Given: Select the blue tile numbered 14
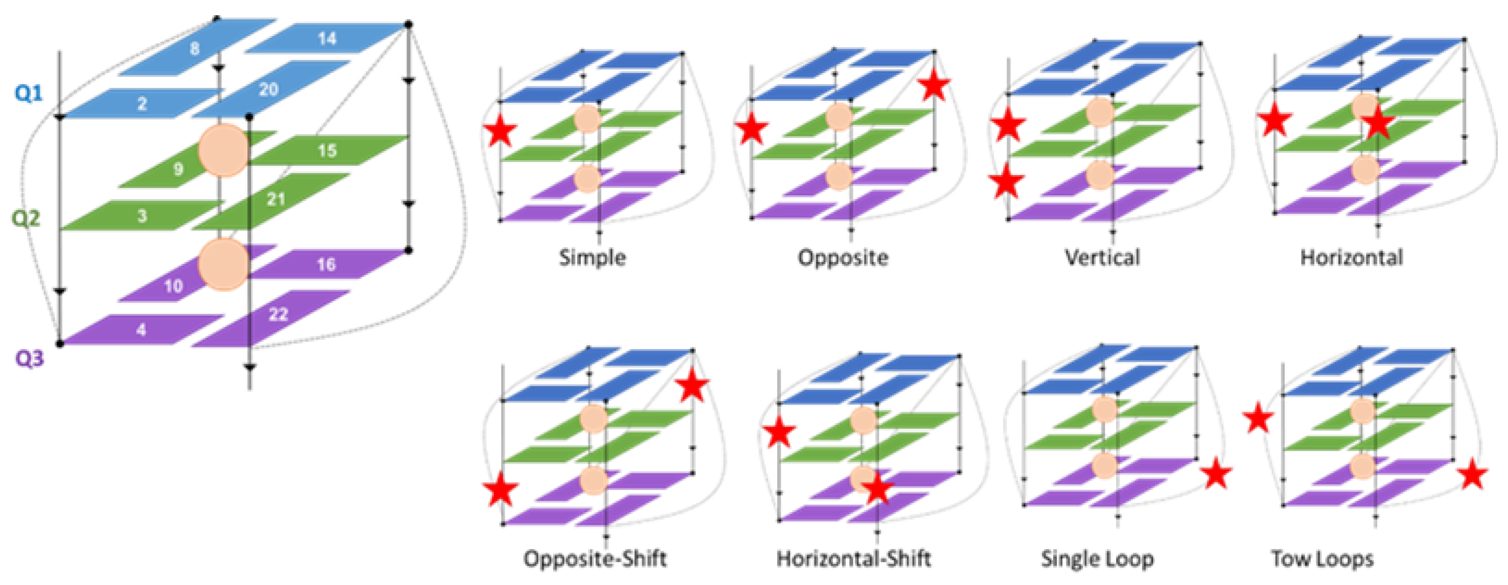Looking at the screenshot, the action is pyautogui.click(x=327, y=38).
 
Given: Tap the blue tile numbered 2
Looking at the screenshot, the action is pyautogui.click(x=142, y=104).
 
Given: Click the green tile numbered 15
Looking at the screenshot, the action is pyautogui.click(x=327, y=150).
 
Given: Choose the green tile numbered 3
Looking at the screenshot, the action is pyautogui.click(x=142, y=215).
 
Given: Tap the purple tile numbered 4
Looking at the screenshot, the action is pyautogui.click(x=142, y=330).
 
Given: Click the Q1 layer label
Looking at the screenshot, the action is pyautogui.click(x=29, y=93).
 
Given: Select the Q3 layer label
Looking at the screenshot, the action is pyautogui.click(x=29, y=357).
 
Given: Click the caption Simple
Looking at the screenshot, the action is pyautogui.click(x=593, y=257).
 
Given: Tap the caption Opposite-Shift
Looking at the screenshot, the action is pyautogui.click(x=595, y=558).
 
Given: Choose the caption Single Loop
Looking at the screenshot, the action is pyautogui.click(x=1097, y=559).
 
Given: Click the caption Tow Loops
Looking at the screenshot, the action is pyautogui.click(x=1322, y=559).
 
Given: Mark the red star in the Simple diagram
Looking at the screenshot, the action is pyautogui.click(x=500, y=131).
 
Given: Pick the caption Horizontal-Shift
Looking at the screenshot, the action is pyautogui.click(x=853, y=558).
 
